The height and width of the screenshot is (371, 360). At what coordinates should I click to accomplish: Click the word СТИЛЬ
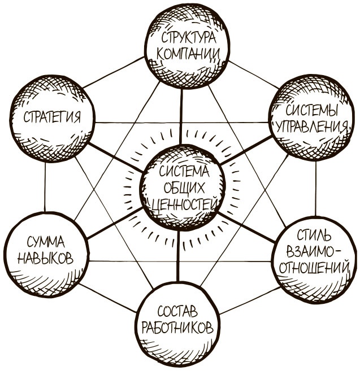(x=313, y=234)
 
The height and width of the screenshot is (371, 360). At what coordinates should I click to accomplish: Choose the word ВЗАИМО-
(x=313, y=250)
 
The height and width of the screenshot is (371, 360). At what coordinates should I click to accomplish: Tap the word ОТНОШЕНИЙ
(x=313, y=266)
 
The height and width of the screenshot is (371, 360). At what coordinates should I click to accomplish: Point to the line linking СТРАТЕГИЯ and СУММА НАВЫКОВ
(x=45, y=186)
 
